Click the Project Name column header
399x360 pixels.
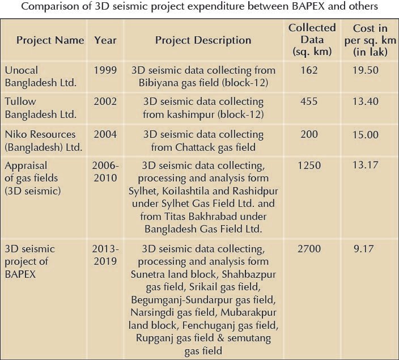pos(50,40)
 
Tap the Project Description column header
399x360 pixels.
pos(203,40)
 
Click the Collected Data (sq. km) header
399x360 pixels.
pos(312,40)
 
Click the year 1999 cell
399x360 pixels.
pos(105,70)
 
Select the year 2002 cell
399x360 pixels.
pos(105,102)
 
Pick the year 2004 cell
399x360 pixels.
pos(105,134)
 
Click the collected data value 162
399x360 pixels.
pos(310,70)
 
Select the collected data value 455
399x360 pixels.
pos(310,102)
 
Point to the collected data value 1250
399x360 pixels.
pos(311,166)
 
